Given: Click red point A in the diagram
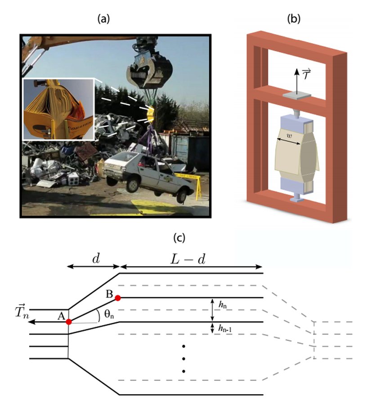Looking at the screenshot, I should (68, 322).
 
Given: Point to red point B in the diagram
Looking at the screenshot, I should (118, 297).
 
